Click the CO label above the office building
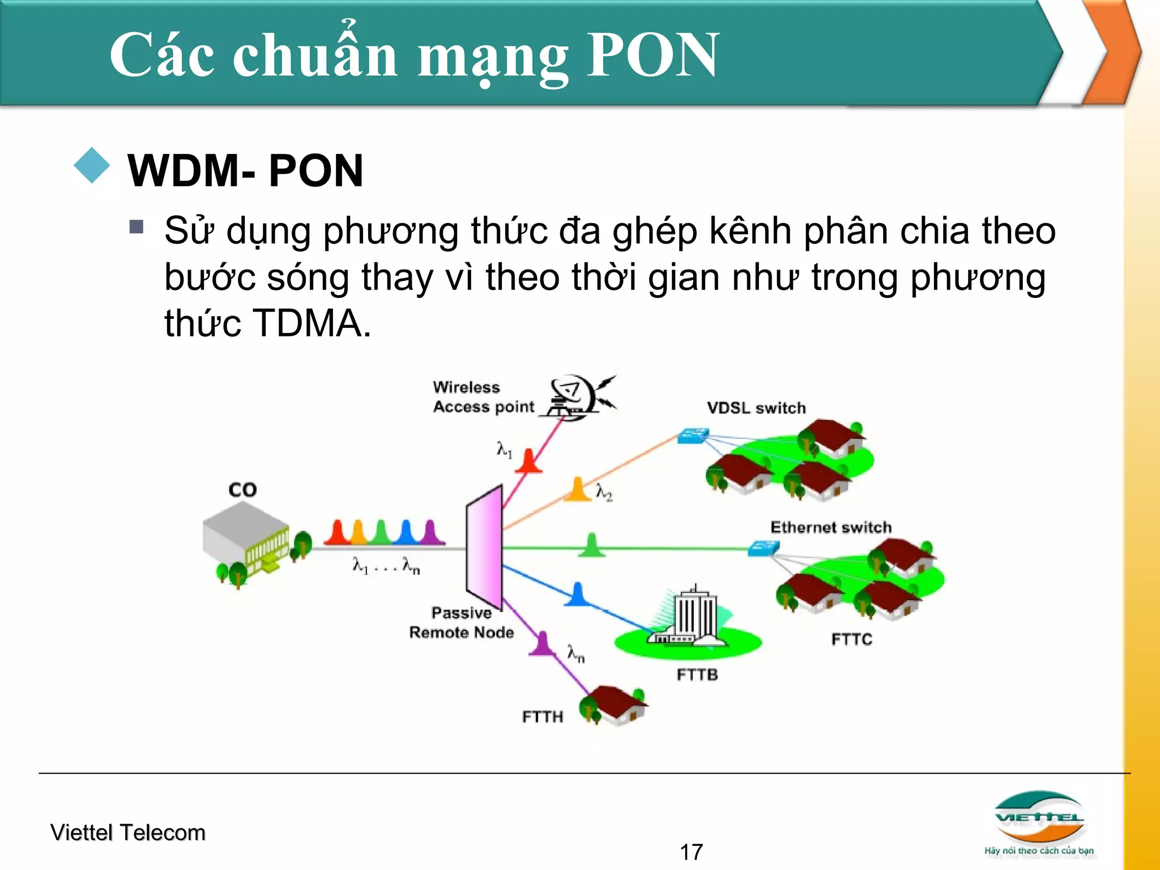242,489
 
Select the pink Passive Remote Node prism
485,547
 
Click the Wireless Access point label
483,397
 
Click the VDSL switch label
756,408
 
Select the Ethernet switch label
830,527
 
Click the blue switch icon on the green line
763,548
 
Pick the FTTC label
851,639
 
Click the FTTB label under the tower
697,675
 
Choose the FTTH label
542,717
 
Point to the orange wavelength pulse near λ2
578,490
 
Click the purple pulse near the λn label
543,645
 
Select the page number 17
691,852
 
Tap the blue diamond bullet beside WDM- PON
92,165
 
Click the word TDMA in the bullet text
310,323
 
